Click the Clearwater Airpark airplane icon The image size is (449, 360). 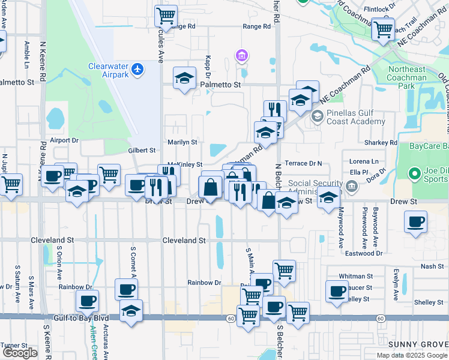coord(138,70)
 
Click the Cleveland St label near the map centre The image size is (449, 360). coord(184,240)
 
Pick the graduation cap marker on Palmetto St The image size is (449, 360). coord(185,78)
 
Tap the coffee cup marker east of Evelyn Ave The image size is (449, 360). coord(415,223)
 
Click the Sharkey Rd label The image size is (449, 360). coord(381,143)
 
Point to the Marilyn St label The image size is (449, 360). coord(182,142)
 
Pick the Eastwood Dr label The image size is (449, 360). coord(363,253)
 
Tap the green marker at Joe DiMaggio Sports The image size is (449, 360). coord(414,175)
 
